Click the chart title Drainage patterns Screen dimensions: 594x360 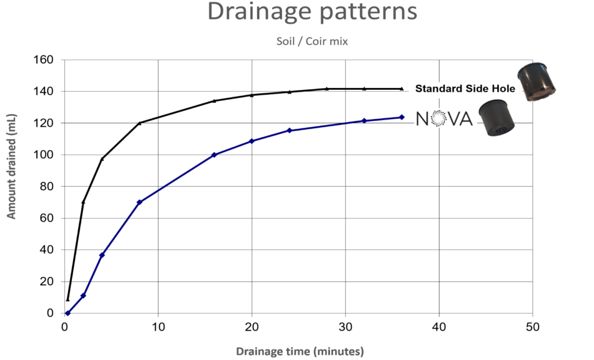coord(312,12)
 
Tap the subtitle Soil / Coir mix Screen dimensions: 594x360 coord(312,41)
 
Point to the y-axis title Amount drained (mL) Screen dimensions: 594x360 coord(12,166)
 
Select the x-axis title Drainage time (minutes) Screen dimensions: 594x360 coord(300,351)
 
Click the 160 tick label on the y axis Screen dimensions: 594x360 coord(43,60)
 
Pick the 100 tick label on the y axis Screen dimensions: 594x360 coord(43,155)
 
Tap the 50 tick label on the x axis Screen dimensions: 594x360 coord(533,327)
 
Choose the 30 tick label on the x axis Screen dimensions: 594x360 coord(345,327)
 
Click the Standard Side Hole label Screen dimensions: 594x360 coord(465,89)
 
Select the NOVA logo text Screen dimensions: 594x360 coord(444,118)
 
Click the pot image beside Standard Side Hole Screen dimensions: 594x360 coord(536,82)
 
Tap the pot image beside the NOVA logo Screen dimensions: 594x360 coord(497,118)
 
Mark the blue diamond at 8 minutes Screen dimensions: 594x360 coord(139,202)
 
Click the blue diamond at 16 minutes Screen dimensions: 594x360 coord(214,155)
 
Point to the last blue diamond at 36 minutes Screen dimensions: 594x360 coord(401,117)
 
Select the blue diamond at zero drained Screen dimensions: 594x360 coord(68,313)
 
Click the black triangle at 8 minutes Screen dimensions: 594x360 coord(139,123)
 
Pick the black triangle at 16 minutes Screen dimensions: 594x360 coord(214,101)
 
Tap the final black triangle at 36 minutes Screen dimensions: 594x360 coord(401,89)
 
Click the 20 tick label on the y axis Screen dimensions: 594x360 coord(46,281)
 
